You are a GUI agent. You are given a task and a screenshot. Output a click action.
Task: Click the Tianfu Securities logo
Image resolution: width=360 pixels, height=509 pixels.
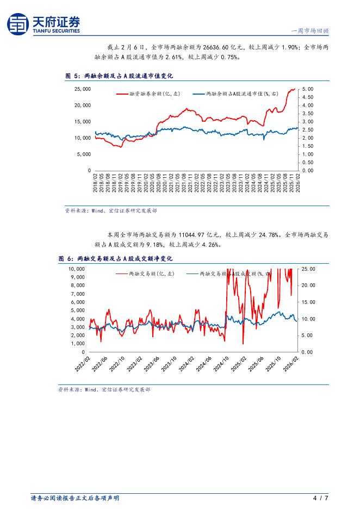click(44, 24)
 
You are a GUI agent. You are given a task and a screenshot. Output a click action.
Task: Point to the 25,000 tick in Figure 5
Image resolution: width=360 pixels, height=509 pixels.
click(82, 89)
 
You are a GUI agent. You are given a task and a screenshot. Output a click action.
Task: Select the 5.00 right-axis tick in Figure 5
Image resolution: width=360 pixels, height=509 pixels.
click(308, 89)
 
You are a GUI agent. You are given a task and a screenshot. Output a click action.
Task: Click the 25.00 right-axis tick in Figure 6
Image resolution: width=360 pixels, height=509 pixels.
click(308, 269)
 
